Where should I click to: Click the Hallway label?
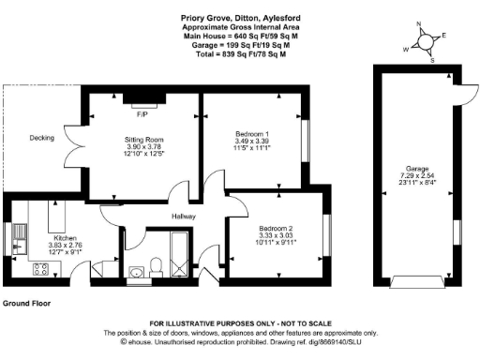click(x=183, y=216)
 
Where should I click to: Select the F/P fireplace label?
click(x=142, y=114)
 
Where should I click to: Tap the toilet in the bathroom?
click(x=156, y=253)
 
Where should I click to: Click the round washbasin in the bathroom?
click(x=138, y=273)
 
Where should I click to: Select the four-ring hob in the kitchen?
click(x=41, y=270)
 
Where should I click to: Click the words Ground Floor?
click(x=26, y=304)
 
